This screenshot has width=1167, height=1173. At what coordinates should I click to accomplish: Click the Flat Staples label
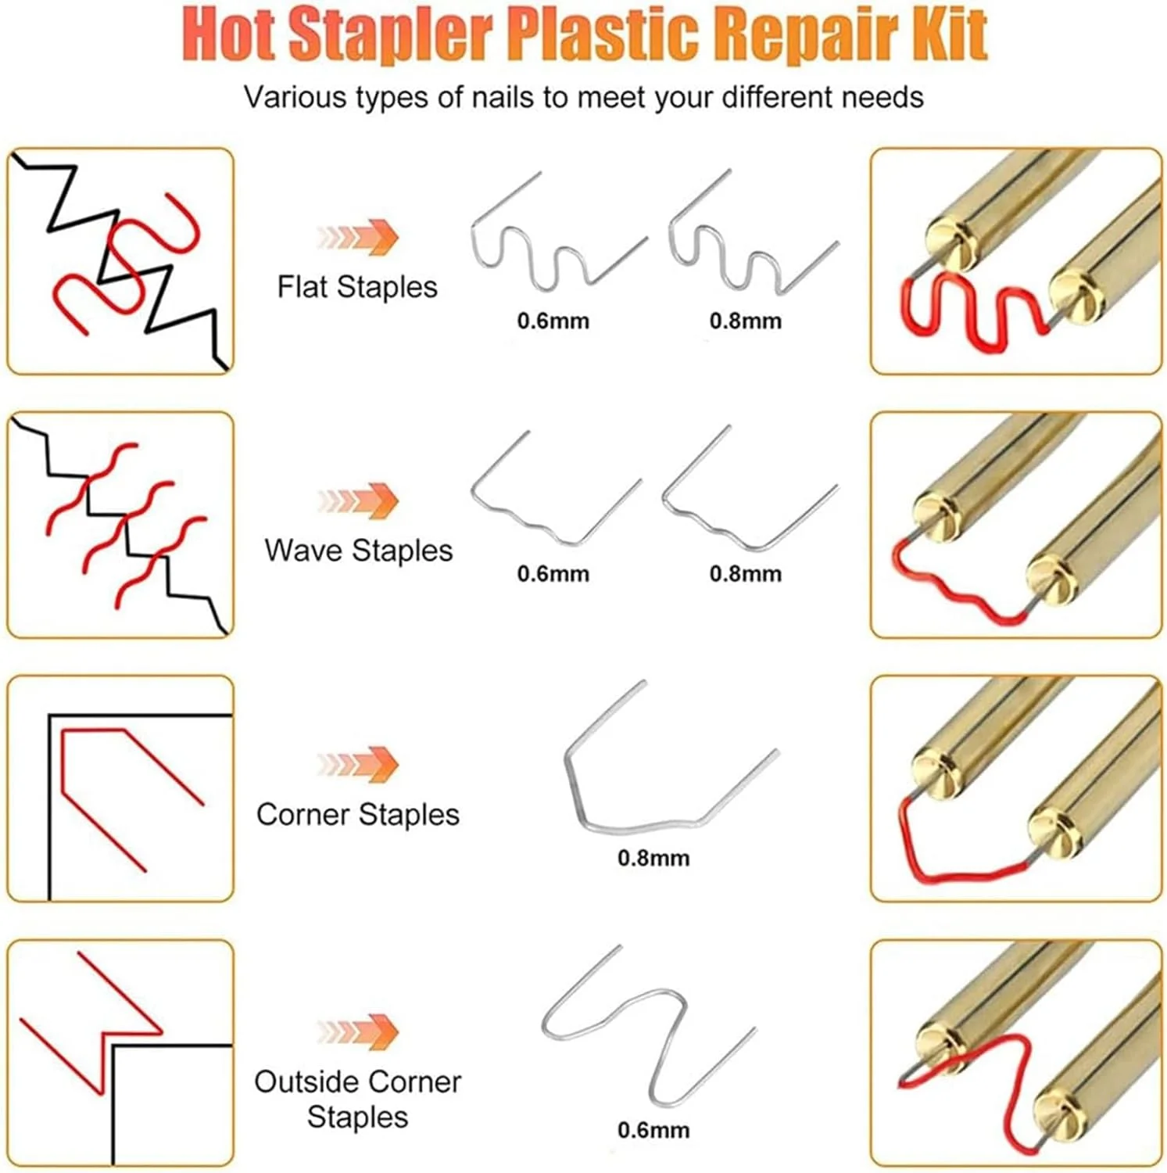coord(357,288)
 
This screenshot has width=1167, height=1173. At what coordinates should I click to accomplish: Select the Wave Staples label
coord(358,551)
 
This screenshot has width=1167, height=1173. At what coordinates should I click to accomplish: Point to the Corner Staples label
coord(357,815)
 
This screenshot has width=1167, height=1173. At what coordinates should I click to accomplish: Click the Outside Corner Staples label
coord(357,1099)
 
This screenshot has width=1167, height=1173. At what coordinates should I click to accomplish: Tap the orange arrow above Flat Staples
coord(358,236)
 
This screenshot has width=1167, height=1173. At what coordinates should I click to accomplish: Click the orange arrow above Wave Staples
coord(358,500)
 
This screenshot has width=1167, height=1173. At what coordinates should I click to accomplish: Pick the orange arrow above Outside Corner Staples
coord(358,1031)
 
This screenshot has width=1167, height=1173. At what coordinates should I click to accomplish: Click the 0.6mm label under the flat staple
coord(553,321)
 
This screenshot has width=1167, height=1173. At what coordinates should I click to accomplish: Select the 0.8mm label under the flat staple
coord(746,321)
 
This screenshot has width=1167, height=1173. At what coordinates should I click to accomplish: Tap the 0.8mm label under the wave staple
coord(746,574)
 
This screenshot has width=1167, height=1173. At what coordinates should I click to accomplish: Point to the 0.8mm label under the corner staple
coord(653,858)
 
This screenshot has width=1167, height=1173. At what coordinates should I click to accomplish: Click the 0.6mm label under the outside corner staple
coord(653,1130)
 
